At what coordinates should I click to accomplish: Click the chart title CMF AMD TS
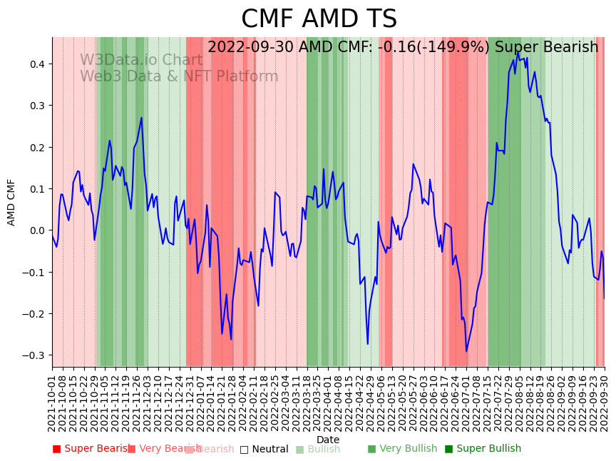coord(319,19)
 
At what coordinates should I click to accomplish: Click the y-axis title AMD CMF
coord(11,202)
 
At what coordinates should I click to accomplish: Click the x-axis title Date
coord(328,440)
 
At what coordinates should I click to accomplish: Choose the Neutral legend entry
coord(264,449)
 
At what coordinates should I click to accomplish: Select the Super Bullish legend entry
coord(483,449)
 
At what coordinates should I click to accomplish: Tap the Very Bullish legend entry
coord(402,449)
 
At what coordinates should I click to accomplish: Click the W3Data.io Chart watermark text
coord(140,60)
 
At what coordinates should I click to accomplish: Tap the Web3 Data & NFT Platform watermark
coord(179,76)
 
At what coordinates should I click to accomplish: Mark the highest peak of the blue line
coord(518,51)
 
